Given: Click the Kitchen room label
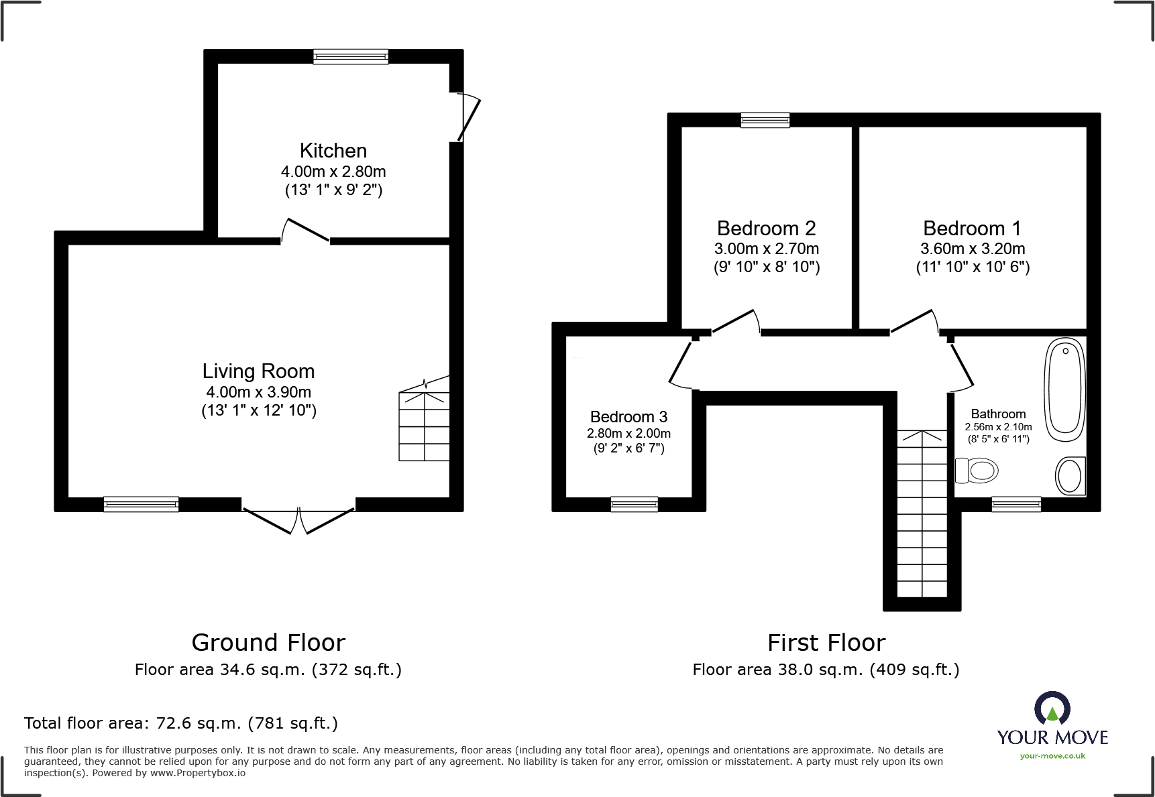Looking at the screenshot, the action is click(333, 151).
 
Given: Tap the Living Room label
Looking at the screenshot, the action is click(258, 371).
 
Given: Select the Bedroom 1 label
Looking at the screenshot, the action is click(972, 229).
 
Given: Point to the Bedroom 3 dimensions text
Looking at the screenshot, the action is click(628, 441).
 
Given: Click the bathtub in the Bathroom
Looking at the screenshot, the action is click(1065, 389).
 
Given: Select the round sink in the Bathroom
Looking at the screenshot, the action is click(1070, 477).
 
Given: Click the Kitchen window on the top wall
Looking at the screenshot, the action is click(351, 57).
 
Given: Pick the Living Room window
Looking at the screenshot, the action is click(141, 504).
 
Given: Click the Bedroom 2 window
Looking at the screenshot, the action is click(765, 120).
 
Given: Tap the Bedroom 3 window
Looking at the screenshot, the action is click(635, 504).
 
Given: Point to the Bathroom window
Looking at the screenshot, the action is click(1016, 504).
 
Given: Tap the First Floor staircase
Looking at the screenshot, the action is click(922, 513).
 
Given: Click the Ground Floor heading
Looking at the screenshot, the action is click(268, 643).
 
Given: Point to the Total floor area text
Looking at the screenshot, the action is click(181, 723).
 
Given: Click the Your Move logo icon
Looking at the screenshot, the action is click(1052, 708).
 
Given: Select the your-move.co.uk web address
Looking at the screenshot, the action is click(1052, 756).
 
